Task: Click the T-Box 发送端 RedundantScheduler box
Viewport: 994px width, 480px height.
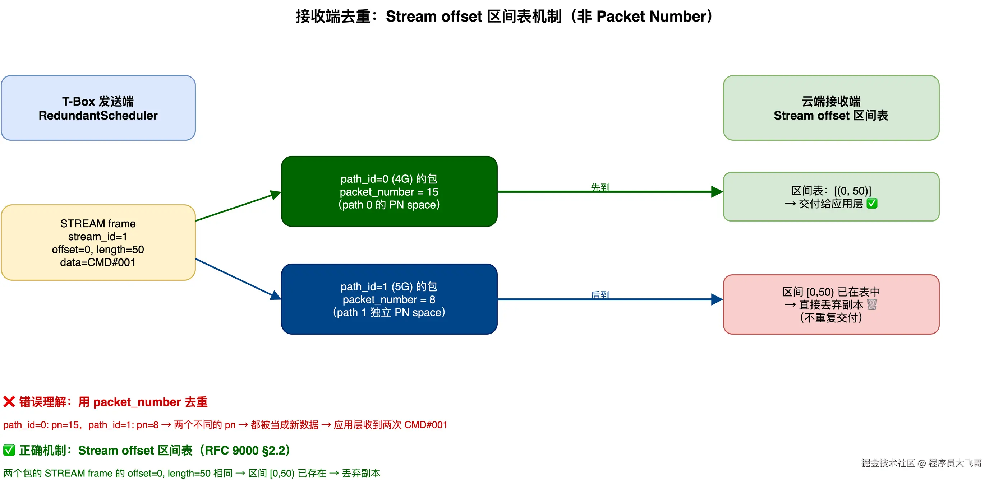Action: [x=98, y=108]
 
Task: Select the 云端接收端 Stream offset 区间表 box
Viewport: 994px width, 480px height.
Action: [x=831, y=108]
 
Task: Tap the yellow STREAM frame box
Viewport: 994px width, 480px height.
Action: [x=98, y=242]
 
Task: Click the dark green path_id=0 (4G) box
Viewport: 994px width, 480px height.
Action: [x=389, y=191]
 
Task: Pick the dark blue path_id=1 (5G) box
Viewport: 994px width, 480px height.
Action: [x=389, y=299]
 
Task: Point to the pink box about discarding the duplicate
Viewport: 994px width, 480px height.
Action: [x=831, y=304]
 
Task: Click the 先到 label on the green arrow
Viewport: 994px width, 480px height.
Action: [x=600, y=187]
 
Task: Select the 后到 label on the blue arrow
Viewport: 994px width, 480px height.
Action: [x=600, y=295]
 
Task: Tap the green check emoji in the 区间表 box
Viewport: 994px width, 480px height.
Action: [x=872, y=203]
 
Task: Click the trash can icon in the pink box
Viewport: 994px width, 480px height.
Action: [x=872, y=304]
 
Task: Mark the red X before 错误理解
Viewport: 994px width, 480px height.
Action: [x=9, y=402]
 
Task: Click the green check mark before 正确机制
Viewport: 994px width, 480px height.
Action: [x=9, y=450]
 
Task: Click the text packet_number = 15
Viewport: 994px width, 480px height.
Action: [x=389, y=192]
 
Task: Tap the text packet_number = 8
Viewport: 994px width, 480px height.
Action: [x=389, y=299]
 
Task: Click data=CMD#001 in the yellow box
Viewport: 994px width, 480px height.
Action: [x=98, y=262]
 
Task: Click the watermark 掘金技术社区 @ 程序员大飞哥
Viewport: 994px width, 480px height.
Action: [x=921, y=463]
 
